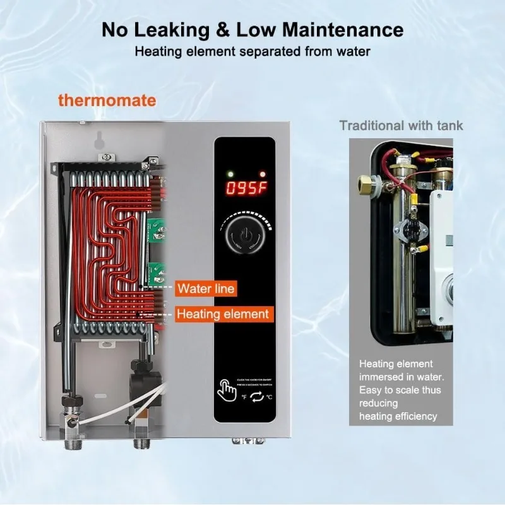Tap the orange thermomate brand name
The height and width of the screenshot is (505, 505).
point(107,100)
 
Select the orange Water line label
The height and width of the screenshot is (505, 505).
point(206,289)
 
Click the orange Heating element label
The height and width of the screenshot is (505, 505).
point(222,314)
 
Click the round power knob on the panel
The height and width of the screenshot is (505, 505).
point(244,236)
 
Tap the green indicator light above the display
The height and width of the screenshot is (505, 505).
point(231,173)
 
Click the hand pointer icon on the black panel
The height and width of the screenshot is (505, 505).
point(225,389)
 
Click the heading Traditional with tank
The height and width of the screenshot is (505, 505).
point(401,125)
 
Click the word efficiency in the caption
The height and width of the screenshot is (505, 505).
point(414,415)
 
